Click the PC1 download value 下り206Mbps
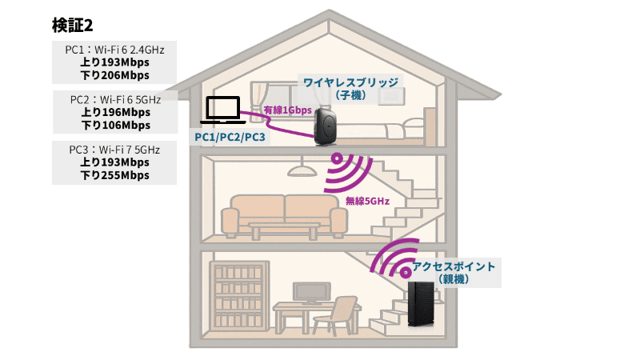(x=115, y=75)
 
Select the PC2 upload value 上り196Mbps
(x=115, y=112)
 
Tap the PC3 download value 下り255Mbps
(x=115, y=175)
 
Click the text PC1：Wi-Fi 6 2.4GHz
(x=115, y=50)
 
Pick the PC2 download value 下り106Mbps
(x=115, y=125)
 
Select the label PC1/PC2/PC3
(x=230, y=138)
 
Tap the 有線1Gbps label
(x=287, y=109)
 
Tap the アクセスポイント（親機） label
(x=454, y=272)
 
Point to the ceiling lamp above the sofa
(x=301, y=170)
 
